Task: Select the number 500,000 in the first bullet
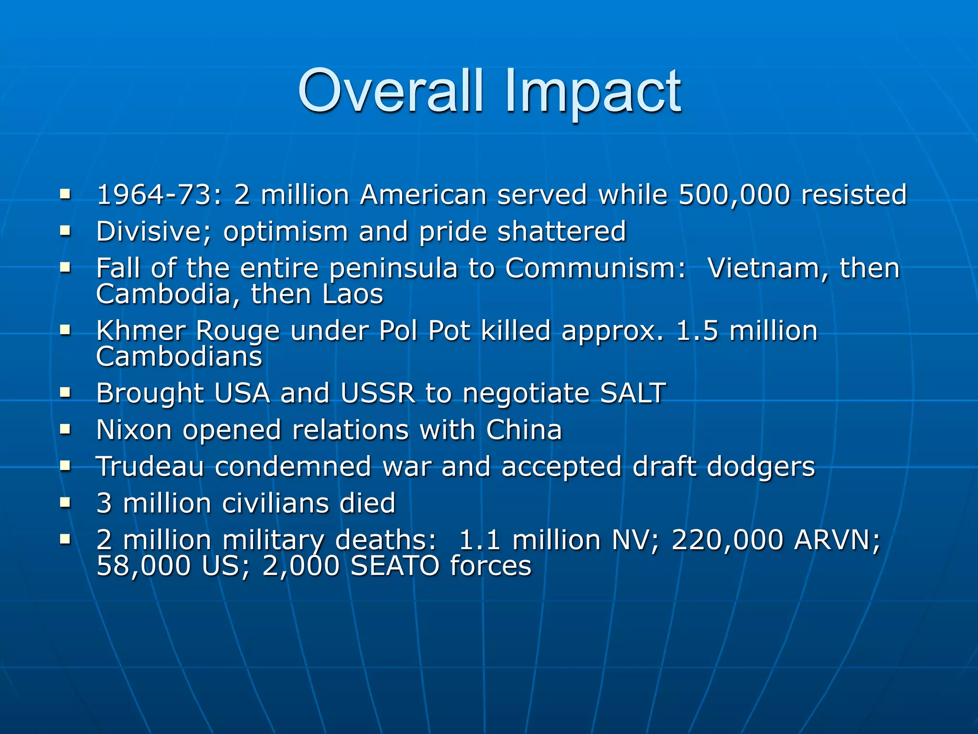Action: [x=734, y=195]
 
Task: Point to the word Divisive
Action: [x=154, y=232]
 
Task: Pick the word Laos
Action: [x=352, y=294]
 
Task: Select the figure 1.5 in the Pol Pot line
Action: [x=697, y=331]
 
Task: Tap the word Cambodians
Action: [x=179, y=356]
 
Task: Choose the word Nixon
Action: [x=134, y=430]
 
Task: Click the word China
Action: [x=524, y=430]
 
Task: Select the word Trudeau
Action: [x=150, y=466]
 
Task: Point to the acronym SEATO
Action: [x=395, y=566]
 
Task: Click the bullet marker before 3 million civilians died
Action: [x=65, y=502]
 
